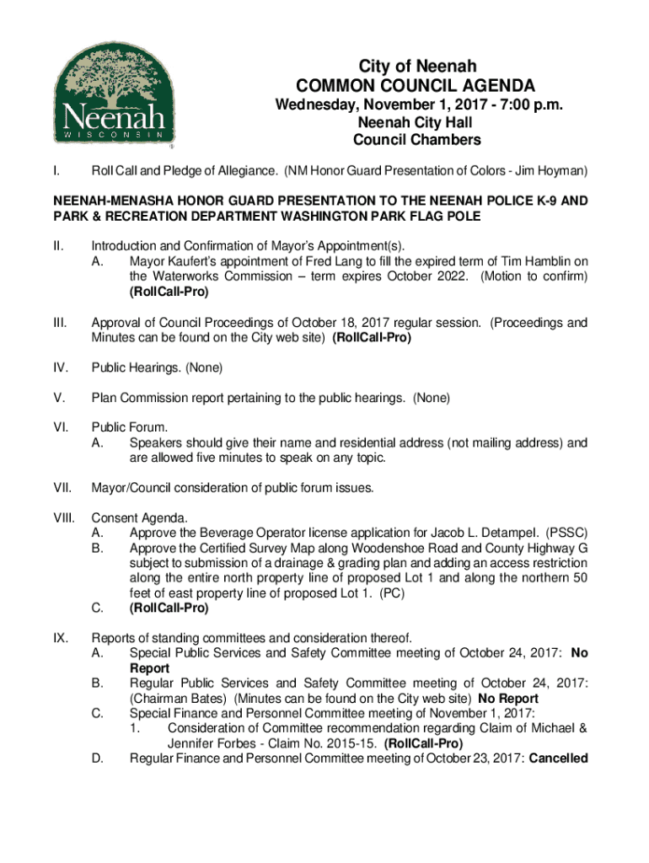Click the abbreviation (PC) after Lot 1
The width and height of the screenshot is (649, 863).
(391, 593)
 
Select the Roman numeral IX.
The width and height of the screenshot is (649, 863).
(61, 638)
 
